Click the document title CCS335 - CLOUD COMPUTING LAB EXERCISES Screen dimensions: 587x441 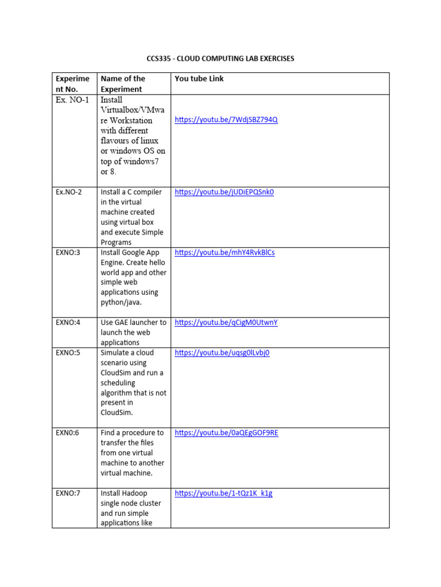[x=220, y=59]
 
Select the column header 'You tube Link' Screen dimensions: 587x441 [x=199, y=79]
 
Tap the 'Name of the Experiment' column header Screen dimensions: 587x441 [x=123, y=84]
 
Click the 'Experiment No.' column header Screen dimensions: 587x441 [x=72, y=84]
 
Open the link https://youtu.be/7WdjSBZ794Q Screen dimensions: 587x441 [x=226, y=120]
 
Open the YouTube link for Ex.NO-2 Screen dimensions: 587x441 [x=224, y=192]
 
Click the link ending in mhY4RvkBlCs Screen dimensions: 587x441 [x=225, y=252]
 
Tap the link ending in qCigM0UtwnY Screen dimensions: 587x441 [x=226, y=323]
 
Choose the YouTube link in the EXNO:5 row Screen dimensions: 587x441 [x=222, y=353]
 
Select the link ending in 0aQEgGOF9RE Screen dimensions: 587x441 [x=226, y=433]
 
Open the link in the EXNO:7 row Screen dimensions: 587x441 [x=223, y=493]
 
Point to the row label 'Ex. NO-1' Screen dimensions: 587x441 [x=72, y=100]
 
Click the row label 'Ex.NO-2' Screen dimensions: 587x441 [x=69, y=192]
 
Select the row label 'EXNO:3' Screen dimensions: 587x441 [x=68, y=252]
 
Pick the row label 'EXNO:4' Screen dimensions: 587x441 [x=68, y=323]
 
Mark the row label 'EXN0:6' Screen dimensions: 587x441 [x=68, y=433]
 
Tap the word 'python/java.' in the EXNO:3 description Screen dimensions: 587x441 [x=121, y=302]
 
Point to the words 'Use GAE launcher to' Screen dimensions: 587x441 [x=133, y=323]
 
